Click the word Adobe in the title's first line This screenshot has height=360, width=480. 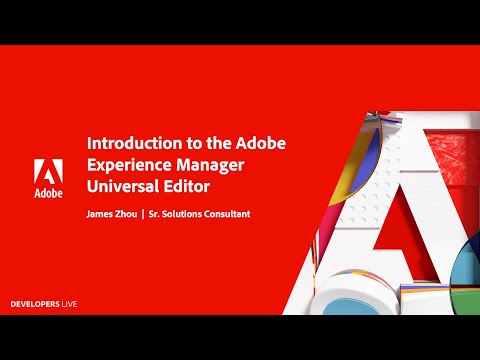263,143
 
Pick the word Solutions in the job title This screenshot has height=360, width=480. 221,214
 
